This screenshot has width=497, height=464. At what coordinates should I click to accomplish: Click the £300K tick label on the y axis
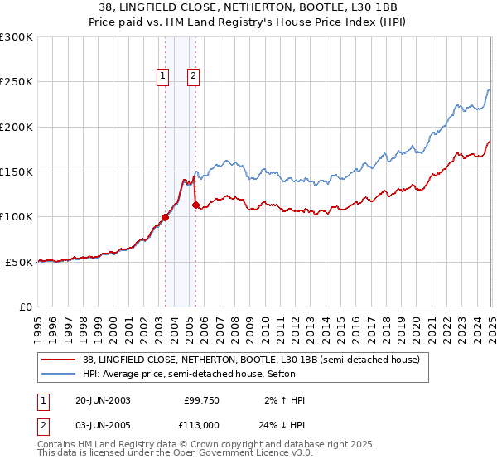click(17, 37)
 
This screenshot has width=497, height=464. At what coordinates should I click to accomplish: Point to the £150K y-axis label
click(17, 172)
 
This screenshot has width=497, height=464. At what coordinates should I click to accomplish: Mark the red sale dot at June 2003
click(165, 217)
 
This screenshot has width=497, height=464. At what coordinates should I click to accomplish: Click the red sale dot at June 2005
click(195, 205)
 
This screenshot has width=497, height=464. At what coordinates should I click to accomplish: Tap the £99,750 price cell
click(199, 400)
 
